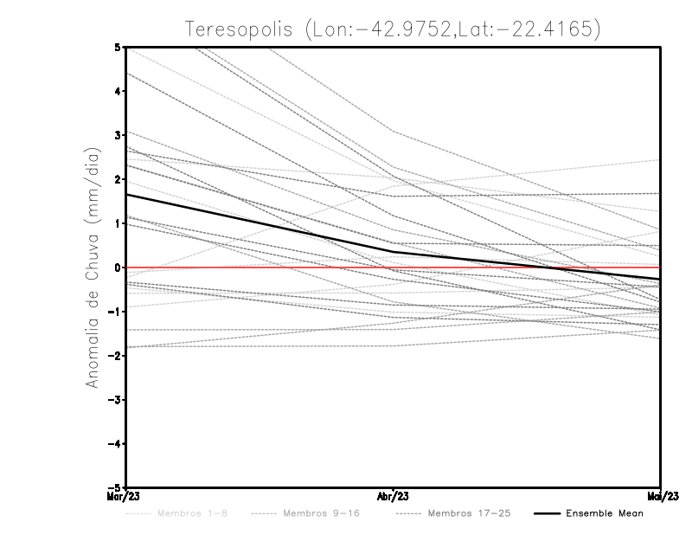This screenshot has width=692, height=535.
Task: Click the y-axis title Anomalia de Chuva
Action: [x=93, y=267]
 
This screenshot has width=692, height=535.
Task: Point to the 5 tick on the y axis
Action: [x=117, y=47]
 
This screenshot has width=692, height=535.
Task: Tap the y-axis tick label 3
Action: [x=117, y=135]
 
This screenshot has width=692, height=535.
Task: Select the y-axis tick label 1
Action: [x=117, y=223]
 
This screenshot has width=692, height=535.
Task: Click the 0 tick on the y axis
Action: [x=117, y=267]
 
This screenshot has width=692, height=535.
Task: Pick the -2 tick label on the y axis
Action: [x=114, y=356]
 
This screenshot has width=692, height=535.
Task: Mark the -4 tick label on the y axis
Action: [x=114, y=444]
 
